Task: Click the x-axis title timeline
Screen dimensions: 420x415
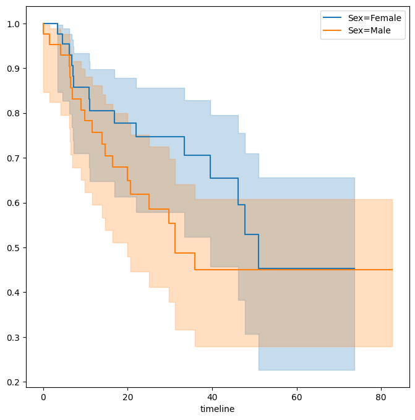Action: [217, 409]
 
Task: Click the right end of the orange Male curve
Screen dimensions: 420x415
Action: [392, 270]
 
